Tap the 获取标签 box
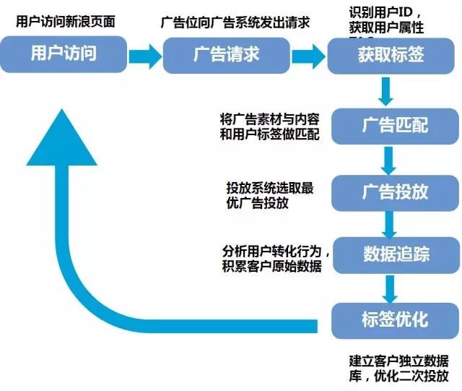391,55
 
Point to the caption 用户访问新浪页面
65,19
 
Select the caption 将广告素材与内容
271,119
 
